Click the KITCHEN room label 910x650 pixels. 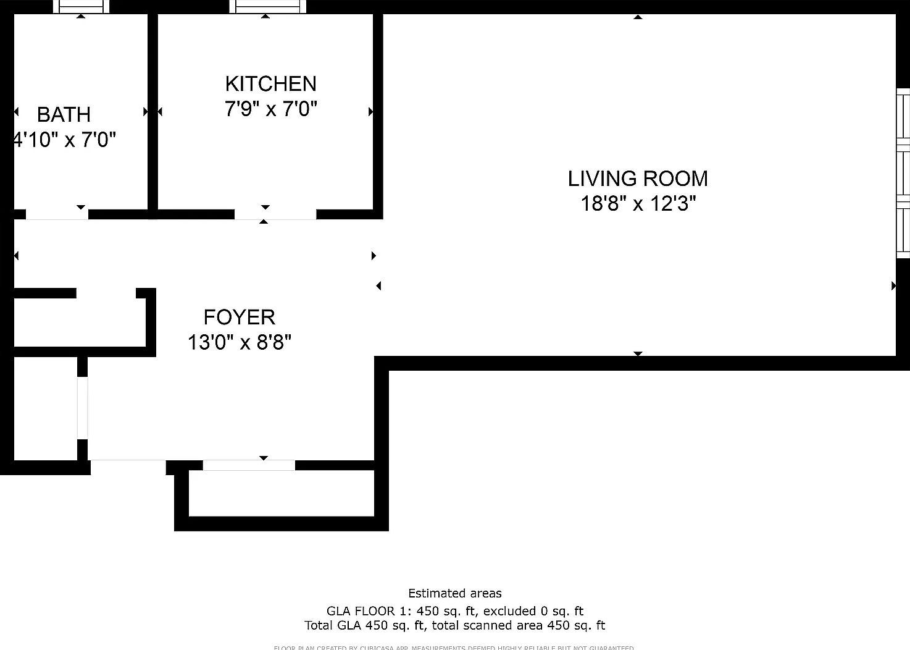[x=270, y=83]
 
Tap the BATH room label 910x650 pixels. [x=64, y=114]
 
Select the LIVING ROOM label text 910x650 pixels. [x=638, y=179]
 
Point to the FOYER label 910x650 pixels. [x=239, y=317]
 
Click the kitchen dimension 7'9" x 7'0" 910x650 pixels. [x=270, y=109]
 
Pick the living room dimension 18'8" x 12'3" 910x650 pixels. [x=638, y=203]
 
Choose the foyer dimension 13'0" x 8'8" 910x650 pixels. [x=239, y=342]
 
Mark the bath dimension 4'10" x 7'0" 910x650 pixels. [x=65, y=140]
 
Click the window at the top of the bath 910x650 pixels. [x=81, y=7]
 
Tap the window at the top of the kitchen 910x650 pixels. [x=267, y=7]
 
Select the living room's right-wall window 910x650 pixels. [x=903, y=173]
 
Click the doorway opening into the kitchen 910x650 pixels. [x=275, y=214]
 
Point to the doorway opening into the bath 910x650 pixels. [x=57, y=214]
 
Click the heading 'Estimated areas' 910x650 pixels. [x=455, y=594]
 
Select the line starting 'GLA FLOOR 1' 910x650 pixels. [x=455, y=611]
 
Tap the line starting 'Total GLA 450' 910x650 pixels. [x=455, y=625]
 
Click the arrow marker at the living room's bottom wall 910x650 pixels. [x=638, y=353]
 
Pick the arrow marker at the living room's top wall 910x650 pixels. [x=638, y=17]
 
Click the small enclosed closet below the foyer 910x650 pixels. [x=281, y=493]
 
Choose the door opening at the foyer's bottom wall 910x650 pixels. [x=249, y=465]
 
